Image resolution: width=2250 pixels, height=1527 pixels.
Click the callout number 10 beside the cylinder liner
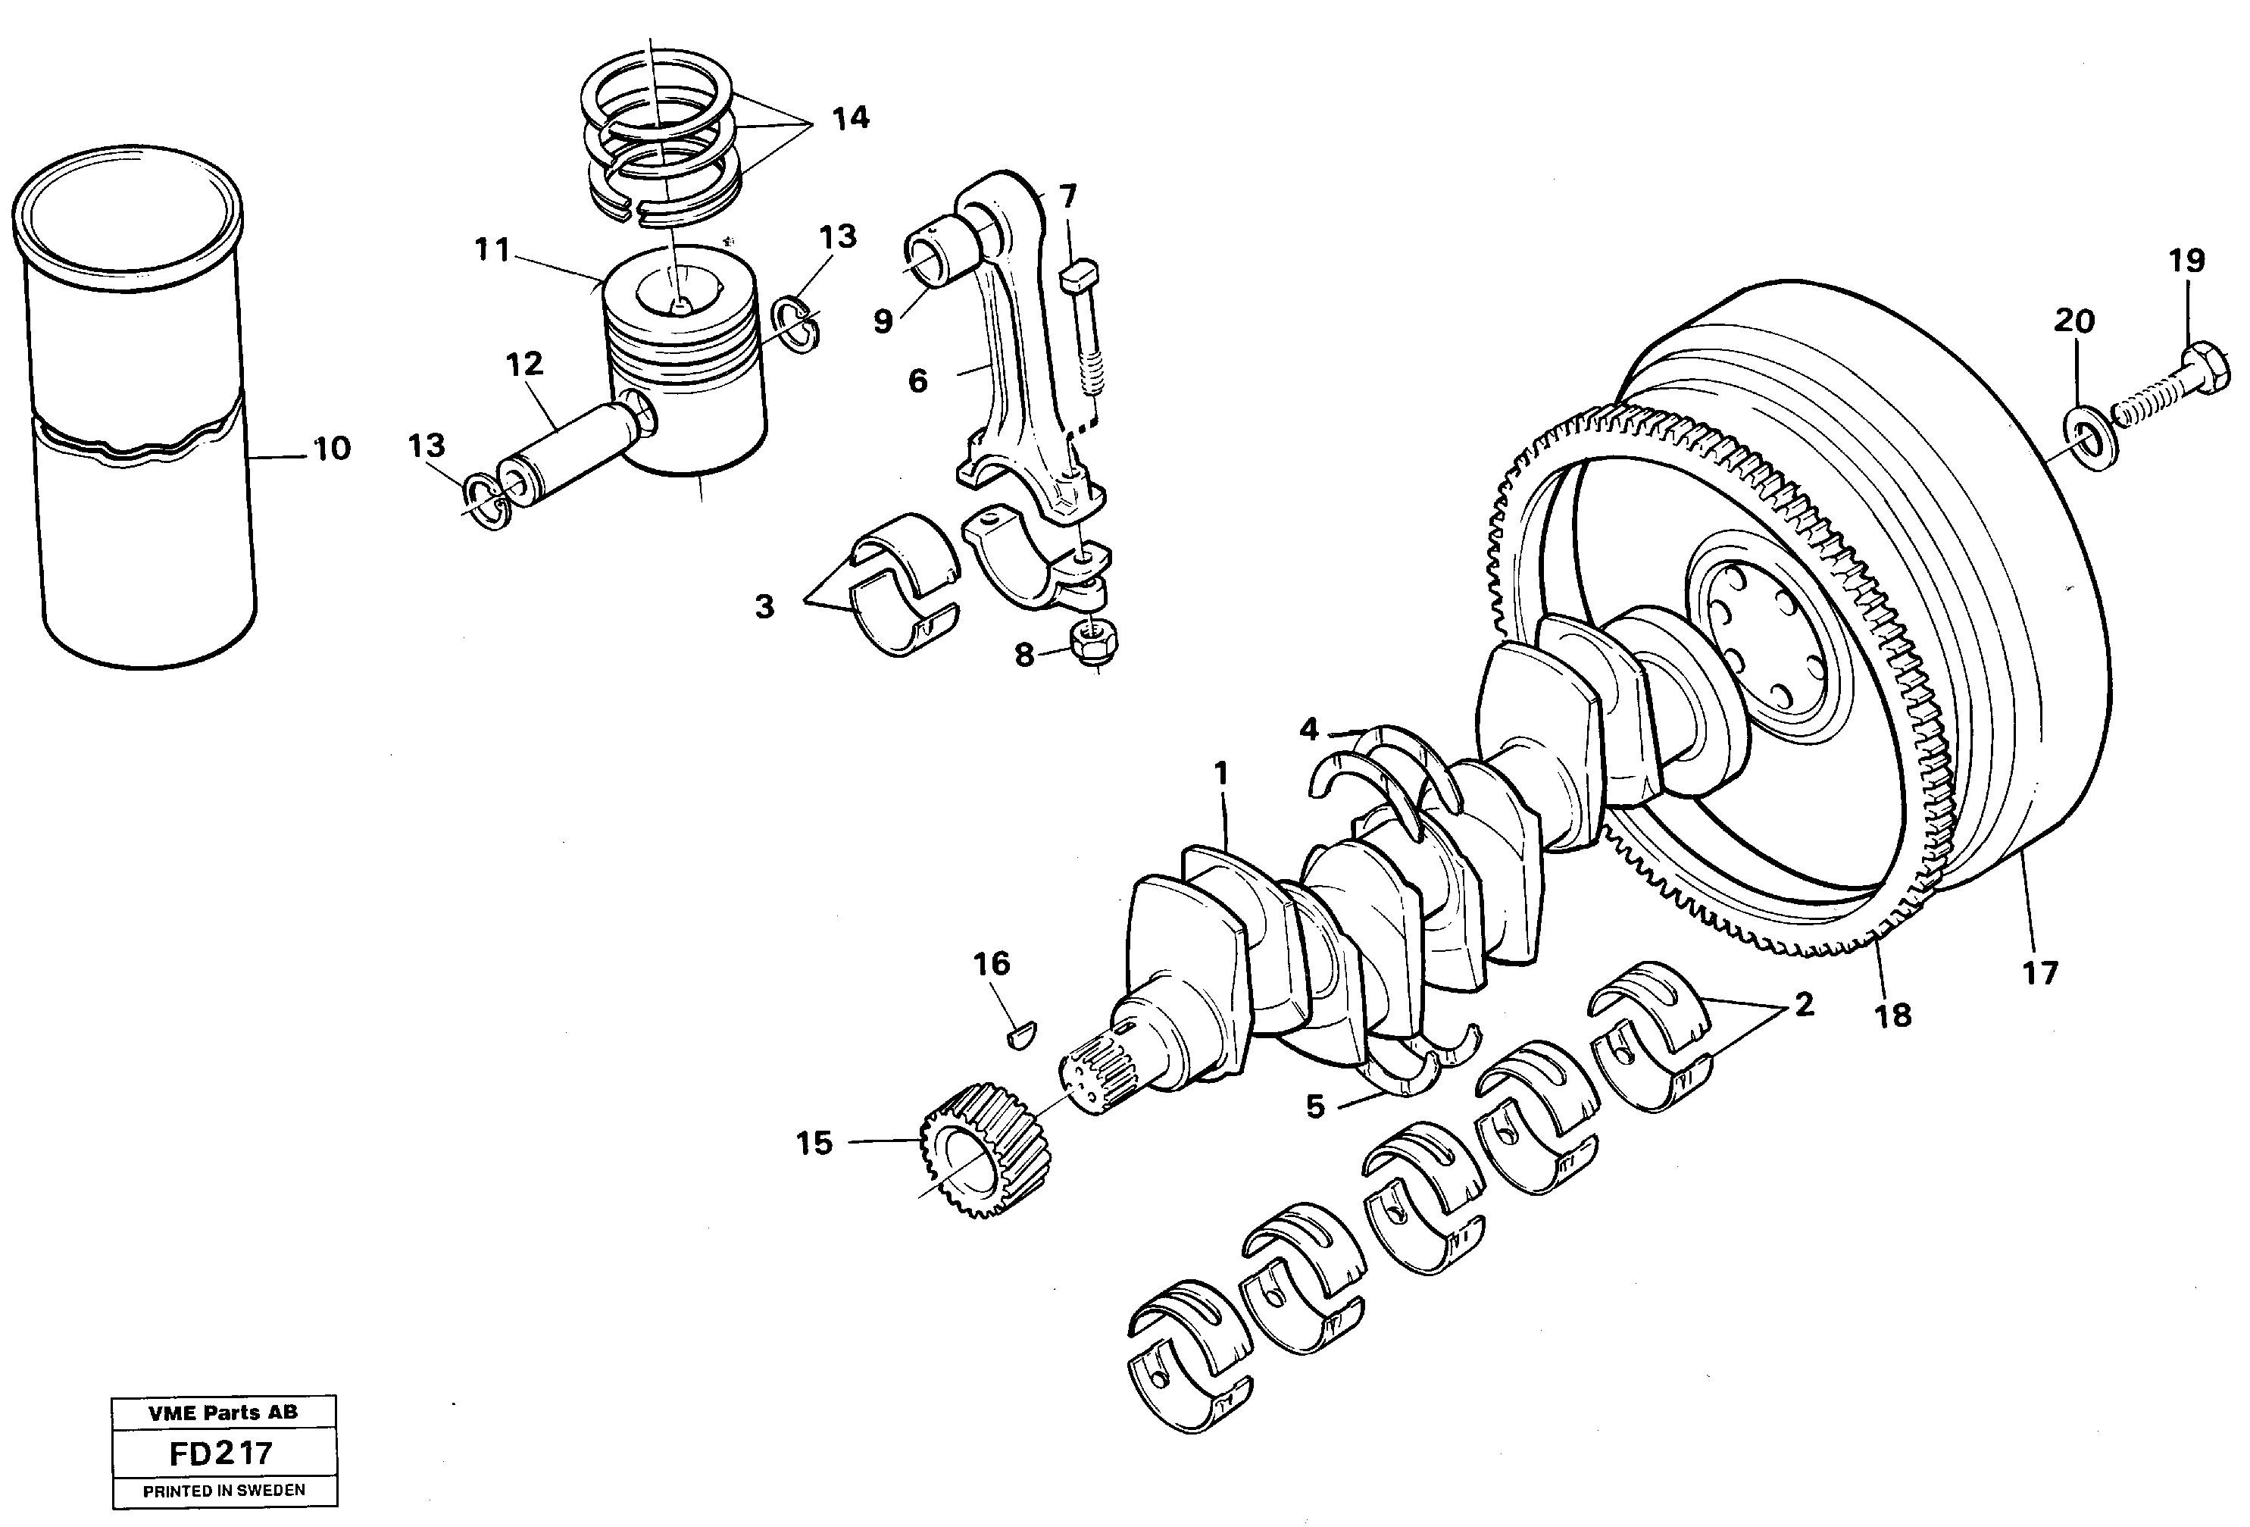[x=331, y=449]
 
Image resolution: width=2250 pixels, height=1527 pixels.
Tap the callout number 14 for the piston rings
[x=850, y=118]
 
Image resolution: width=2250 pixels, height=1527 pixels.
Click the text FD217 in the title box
[x=220, y=1453]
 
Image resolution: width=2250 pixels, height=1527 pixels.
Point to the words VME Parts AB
[x=223, y=1412]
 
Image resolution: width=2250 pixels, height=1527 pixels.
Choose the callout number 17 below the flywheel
[x=2040, y=972]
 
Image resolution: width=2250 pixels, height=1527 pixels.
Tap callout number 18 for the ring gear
[x=1892, y=1015]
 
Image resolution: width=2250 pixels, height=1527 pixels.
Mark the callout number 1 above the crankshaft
[x=1221, y=774]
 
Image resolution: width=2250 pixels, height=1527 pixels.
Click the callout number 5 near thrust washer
[x=1314, y=1106]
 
